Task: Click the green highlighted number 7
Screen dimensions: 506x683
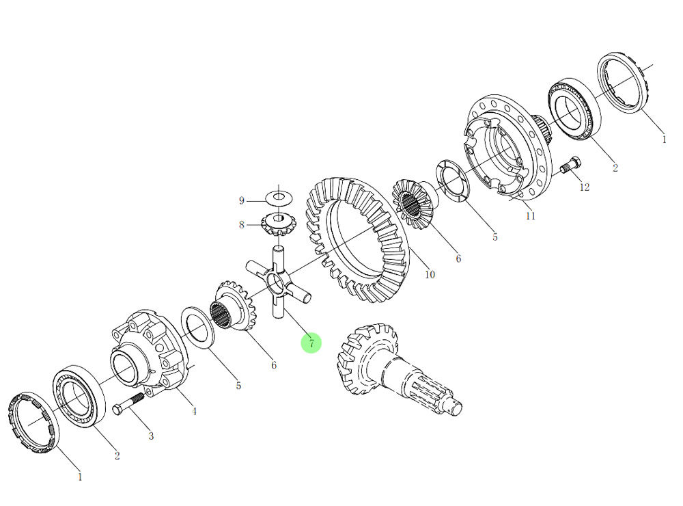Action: pos(311,343)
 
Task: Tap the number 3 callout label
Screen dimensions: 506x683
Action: pos(151,436)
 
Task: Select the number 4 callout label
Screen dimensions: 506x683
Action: pos(194,411)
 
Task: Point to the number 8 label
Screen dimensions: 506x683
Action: pos(241,224)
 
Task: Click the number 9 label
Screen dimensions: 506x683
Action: pos(241,200)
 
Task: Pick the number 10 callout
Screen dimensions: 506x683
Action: pos(430,275)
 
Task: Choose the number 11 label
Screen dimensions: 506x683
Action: pos(531,216)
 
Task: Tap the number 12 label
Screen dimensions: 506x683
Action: pos(584,187)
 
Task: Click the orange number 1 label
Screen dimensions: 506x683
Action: pos(663,139)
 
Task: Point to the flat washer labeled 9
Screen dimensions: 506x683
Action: pos(279,198)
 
